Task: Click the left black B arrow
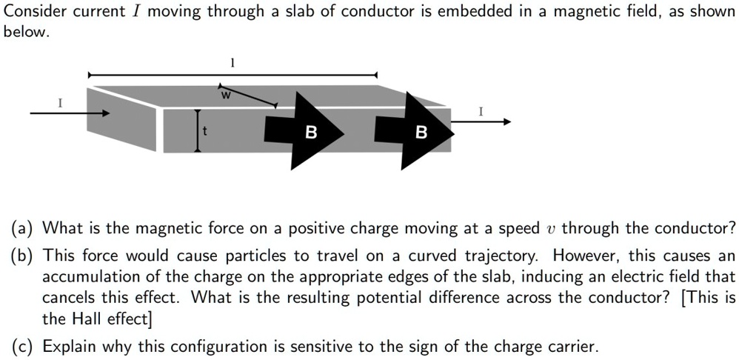click(x=311, y=131)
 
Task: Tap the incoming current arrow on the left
click(x=70, y=113)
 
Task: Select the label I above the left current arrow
click(x=60, y=103)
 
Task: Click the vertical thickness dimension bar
click(x=197, y=130)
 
